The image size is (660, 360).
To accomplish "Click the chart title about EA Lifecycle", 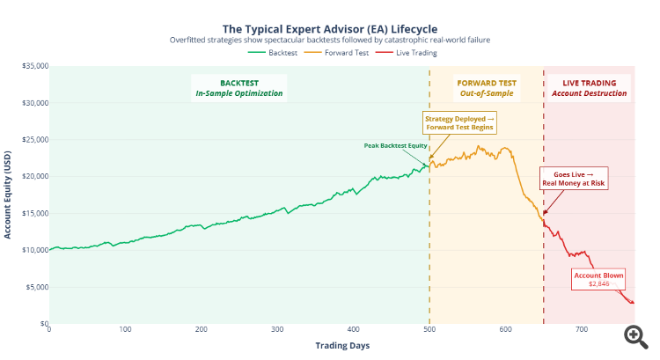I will point(330,27).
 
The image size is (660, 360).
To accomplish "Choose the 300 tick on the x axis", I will point(277,329).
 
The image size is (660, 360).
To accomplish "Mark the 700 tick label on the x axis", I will point(582,329).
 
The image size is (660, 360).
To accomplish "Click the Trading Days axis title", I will point(342,345).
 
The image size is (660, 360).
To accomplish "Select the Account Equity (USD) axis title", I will point(8,195).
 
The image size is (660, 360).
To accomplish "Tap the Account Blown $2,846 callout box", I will point(598,279).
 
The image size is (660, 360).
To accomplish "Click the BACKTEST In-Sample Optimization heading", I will point(238,86).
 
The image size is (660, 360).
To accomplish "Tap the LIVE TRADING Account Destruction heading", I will point(588,86).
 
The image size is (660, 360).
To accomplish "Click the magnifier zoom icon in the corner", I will point(634,334).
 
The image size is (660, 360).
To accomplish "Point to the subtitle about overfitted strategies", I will point(330,40).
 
